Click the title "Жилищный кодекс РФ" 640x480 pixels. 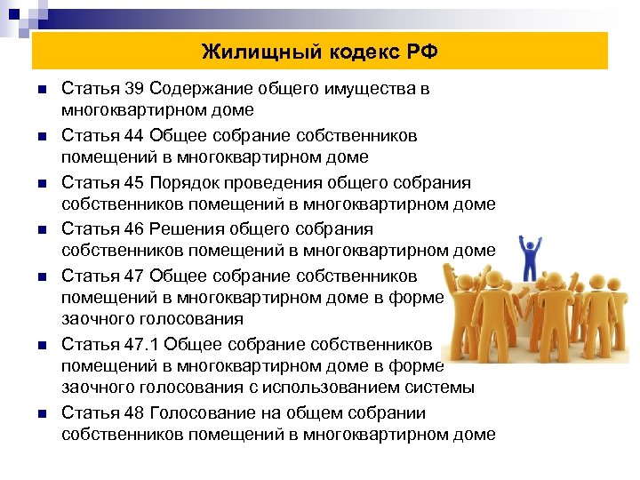[x=319, y=52]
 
